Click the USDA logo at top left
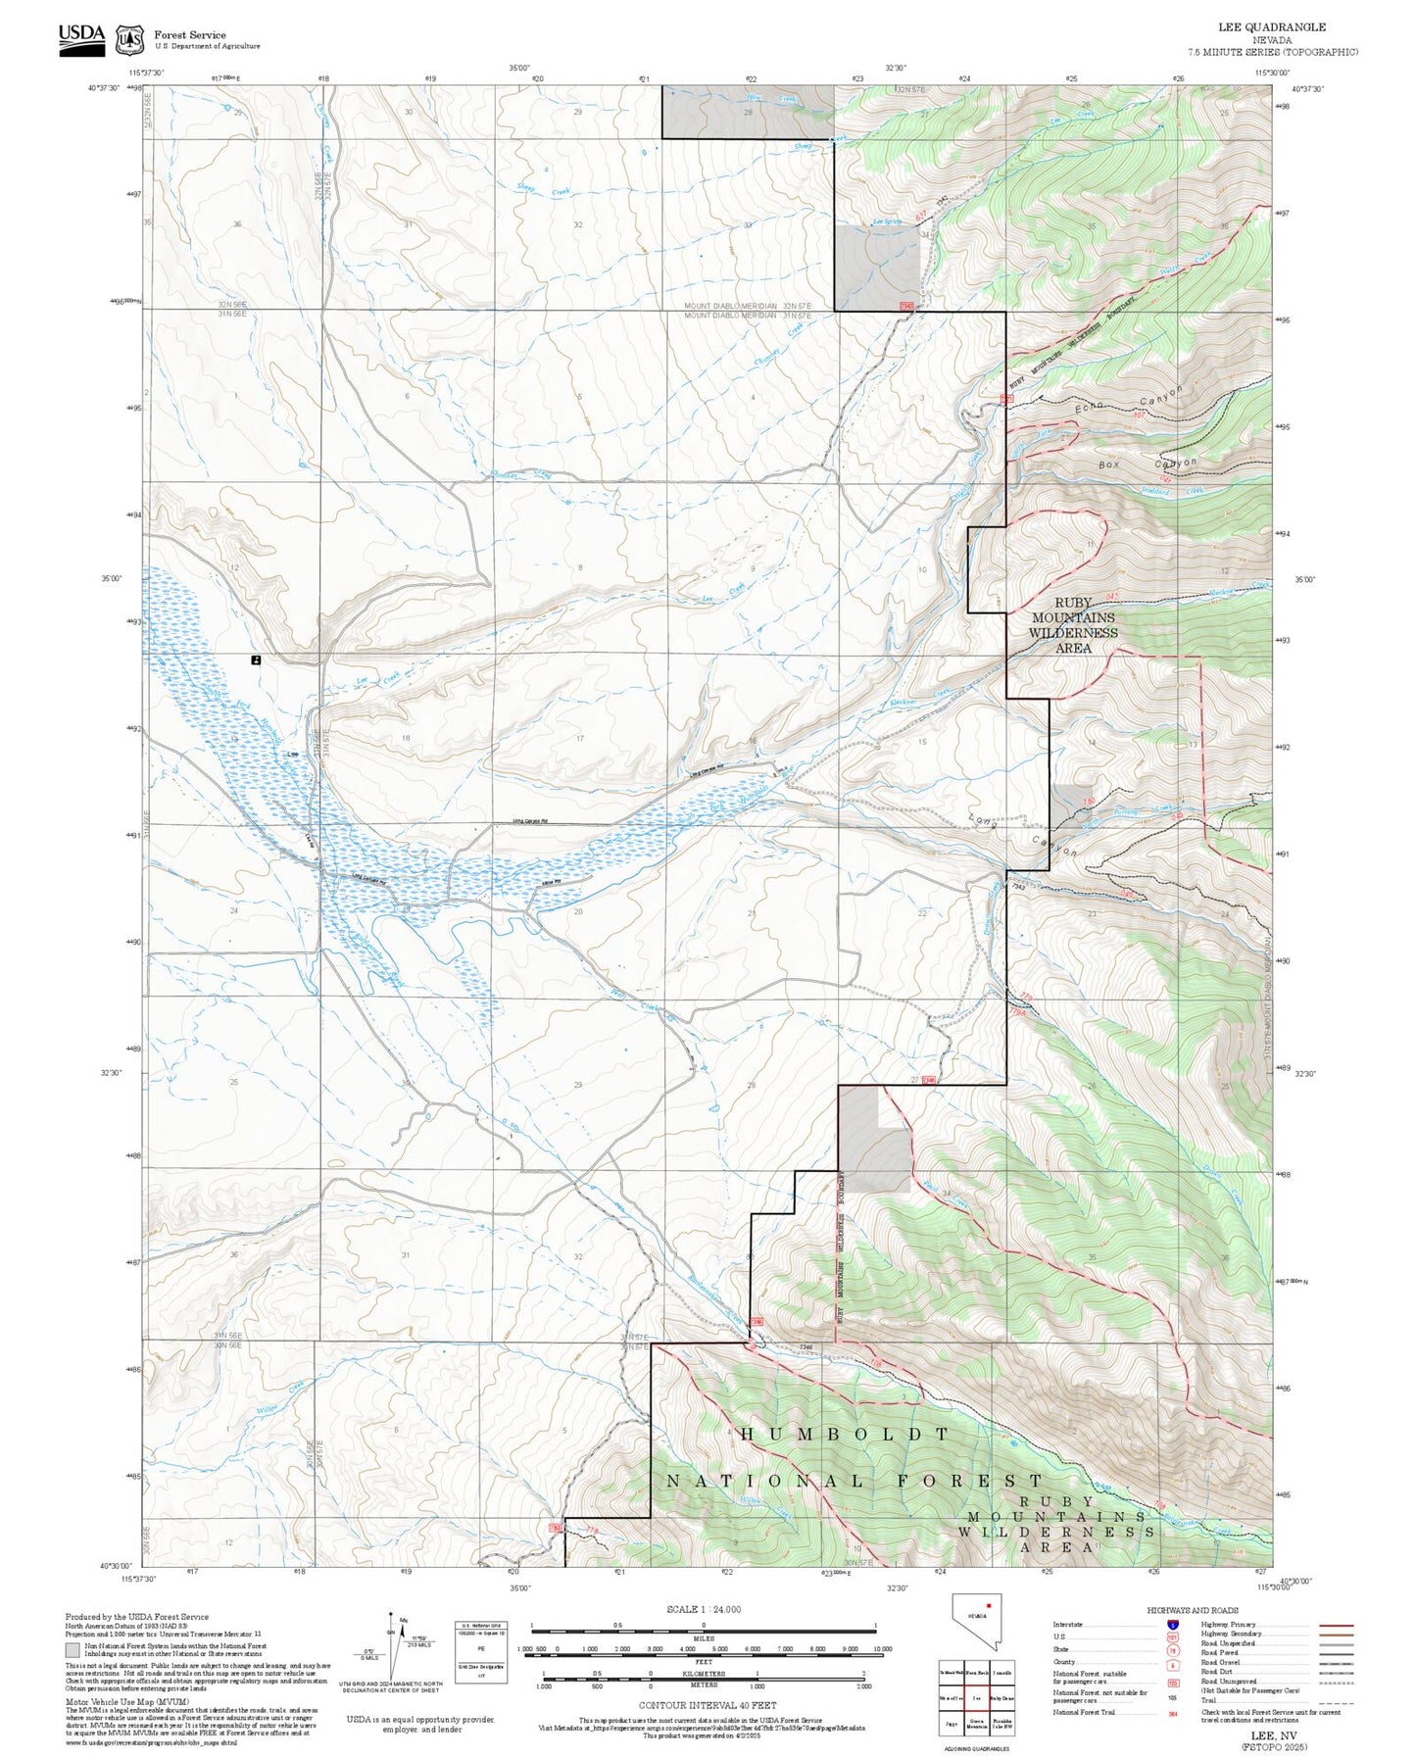[x=81, y=38]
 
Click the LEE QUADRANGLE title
[x=1271, y=27]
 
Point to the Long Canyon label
[x=1023, y=834]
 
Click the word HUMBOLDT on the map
[x=845, y=1433]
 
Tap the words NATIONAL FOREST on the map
[x=854, y=1480]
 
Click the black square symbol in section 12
[x=256, y=660]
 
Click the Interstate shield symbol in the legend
[x=1172, y=1625]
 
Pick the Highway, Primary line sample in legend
[x=1336, y=1625]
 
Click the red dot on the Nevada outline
[x=990, y=1606]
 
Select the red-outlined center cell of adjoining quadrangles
[x=976, y=1698]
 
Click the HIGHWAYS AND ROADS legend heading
[x=1192, y=1610]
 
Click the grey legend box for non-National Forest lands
[x=73, y=1649]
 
